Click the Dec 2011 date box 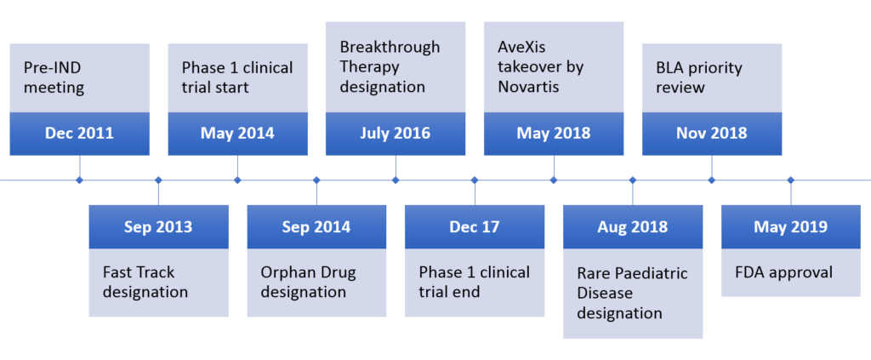(x=79, y=134)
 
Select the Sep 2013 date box (x=158, y=226)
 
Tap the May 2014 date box (x=237, y=134)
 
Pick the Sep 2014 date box (x=316, y=226)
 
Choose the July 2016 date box (x=396, y=134)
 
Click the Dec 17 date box (x=475, y=226)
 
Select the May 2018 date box (x=554, y=134)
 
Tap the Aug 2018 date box (x=633, y=226)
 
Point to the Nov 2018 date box (x=712, y=134)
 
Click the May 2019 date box (x=790, y=226)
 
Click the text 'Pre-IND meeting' (x=54, y=77)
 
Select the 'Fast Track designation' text (x=145, y=282)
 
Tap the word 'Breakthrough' (x=390, y=47)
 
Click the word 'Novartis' (x=528, y=87)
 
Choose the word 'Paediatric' (x=654, y=273)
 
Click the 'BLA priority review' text (x=699, y=77)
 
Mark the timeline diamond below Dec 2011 (x=79, y=180)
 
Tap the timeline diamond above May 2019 (x=790, y=180)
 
